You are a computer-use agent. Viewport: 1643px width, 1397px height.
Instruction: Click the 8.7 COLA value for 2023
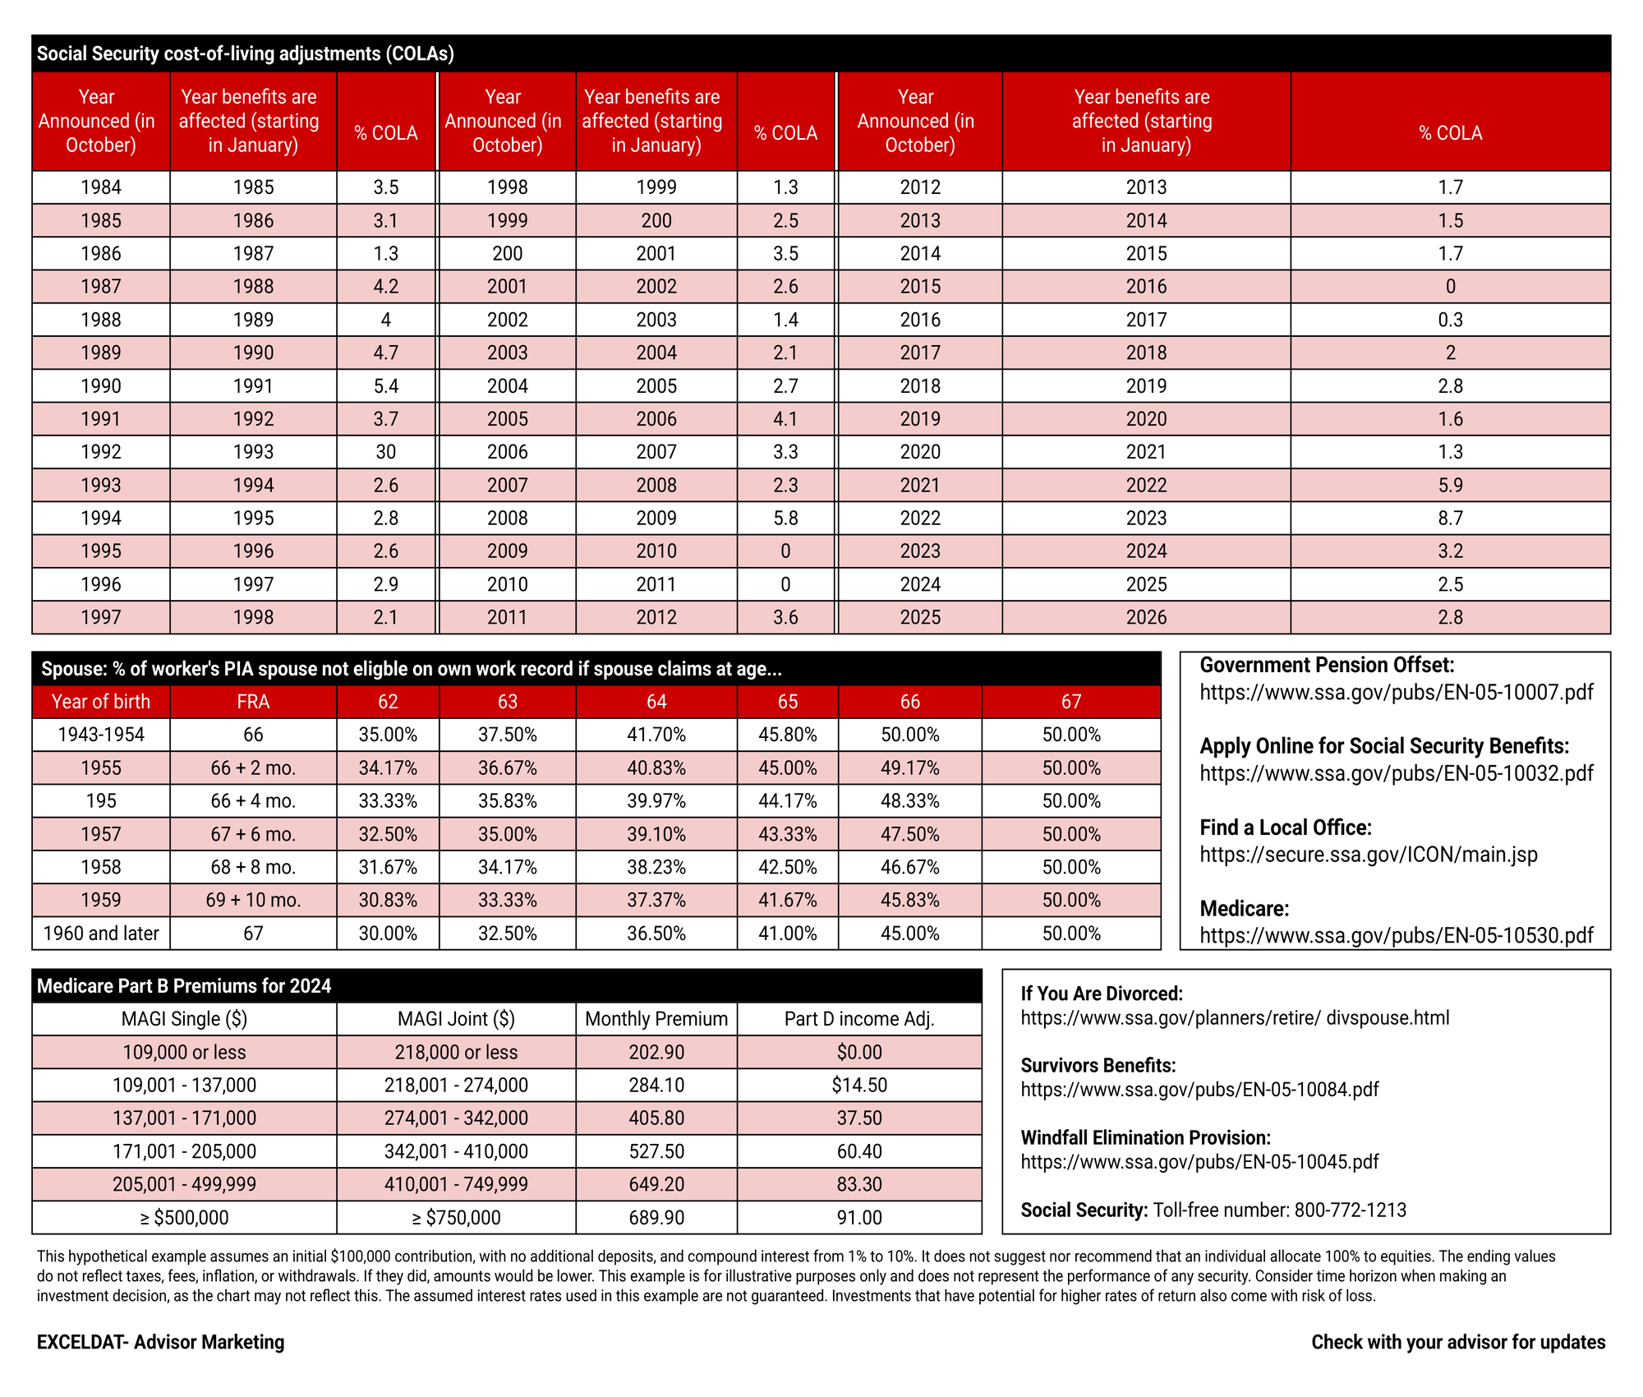tap(1450, 519)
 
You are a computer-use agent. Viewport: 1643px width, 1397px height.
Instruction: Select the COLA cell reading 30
tap(385, 452)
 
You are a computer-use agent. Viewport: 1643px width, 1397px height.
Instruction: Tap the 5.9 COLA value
tap(1450, 485)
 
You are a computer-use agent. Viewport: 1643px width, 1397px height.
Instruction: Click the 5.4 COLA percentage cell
tap(385, 386)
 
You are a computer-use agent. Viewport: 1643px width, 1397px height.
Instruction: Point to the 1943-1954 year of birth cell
tap(101, 735)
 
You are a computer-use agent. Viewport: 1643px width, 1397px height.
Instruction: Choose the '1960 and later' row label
tap(101, 934)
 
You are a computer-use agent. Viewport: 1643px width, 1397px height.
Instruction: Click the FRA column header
tap(253, 702)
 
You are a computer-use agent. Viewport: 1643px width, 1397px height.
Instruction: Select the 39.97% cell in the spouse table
tap(656, 801)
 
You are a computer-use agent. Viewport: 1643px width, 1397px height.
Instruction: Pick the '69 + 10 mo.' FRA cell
tap(253, 901)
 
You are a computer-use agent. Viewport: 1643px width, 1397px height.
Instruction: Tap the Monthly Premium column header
tap(656, 1019)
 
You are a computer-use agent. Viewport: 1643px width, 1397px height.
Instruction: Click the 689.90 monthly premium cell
tap(656, 1218)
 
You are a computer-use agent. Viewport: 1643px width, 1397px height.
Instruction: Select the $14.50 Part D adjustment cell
tap(859, 1085)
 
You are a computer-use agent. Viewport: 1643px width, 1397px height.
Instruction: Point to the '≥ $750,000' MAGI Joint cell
tap(456, 1218)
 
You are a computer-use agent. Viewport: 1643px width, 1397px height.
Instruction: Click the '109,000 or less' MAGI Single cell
tap(184, 1052)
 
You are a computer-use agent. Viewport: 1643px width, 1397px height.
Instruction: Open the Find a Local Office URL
tap(1368, 855)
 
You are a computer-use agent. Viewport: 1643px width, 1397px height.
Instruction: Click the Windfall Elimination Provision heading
tap(1145, 1137)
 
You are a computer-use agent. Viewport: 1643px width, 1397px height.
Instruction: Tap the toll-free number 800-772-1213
tap(1350, 1210)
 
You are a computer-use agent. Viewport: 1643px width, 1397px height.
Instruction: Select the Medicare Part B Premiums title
tap(184, 986)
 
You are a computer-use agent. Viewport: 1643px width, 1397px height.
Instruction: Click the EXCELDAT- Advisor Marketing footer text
tap(160, 1342)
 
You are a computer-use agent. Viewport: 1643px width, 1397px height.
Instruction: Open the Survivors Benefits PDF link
tap(1199, 1090)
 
